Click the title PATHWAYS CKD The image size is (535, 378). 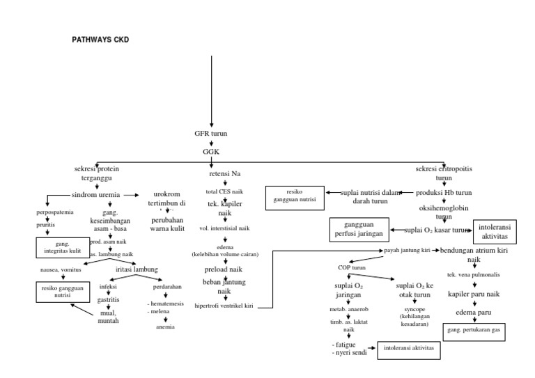tap(101, 40)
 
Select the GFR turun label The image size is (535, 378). tap(211, 133)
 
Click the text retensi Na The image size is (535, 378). tap(224, 174)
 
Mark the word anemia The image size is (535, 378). tap(165, 326)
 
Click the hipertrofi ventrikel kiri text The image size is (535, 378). tap(224, 306)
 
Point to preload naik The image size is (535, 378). tap(224, 268)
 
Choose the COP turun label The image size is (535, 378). tap(352, 267)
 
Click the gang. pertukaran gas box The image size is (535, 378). tap(475, 331)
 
